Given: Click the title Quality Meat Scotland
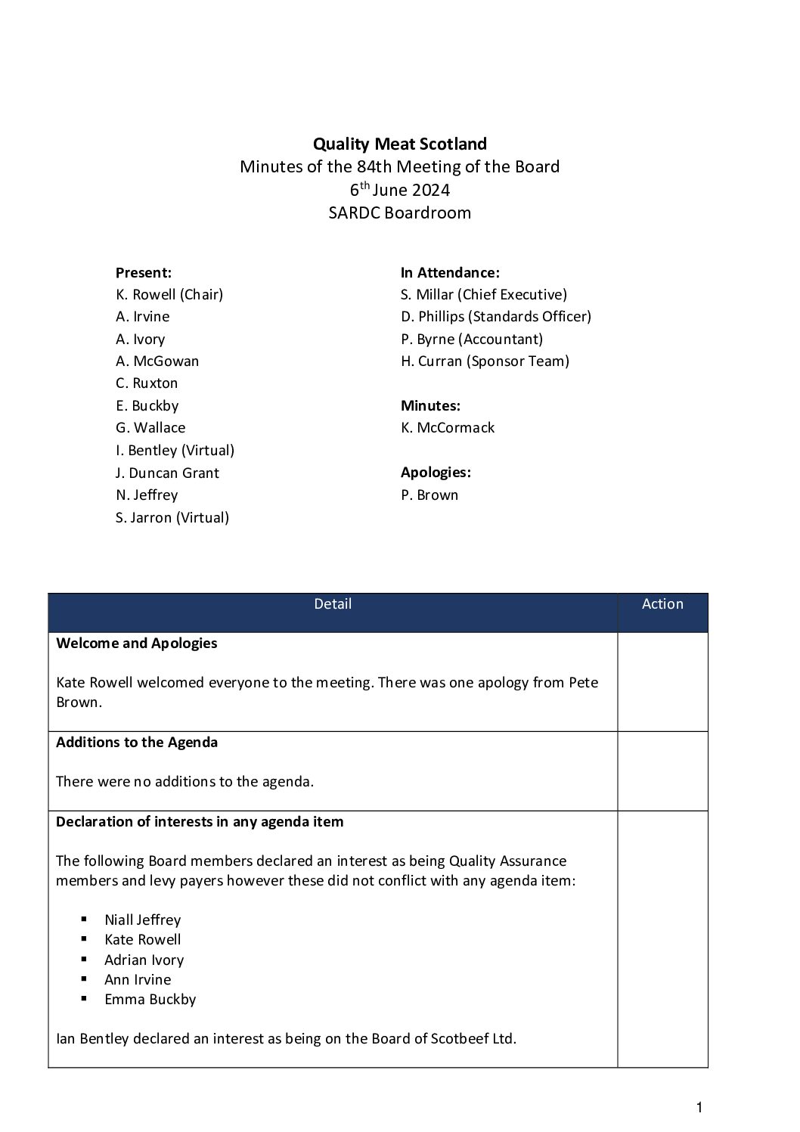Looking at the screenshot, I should (x=399, y=144).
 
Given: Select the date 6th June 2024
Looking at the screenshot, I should (x=399, y=190).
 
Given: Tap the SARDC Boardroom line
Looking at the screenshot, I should (x=399, y=212).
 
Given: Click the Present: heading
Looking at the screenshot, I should (x=143, y=272).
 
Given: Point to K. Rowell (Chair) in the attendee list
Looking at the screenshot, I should (x=169, y=294).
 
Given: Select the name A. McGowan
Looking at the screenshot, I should (x=157, y=361).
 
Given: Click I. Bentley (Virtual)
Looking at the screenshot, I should (x=175, y=450).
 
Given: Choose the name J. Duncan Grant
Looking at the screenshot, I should (x=167, y=473).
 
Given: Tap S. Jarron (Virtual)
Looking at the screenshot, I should (x=172, y=517).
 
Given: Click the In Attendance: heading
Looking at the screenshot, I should (x=450, y=272).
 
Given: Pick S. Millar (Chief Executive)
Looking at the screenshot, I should (x=483, y=294).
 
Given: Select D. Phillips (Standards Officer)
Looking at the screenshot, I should (x=495, y=316).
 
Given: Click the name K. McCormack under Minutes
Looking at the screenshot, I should (x=447, y=427).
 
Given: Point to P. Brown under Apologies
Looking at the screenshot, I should (x=429, y=495).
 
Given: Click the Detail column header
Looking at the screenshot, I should (x=333, y=603).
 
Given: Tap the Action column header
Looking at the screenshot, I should (x=662, y=603).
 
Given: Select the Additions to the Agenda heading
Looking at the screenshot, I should (x=137, y=742).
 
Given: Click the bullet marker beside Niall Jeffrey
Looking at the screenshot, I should (x=83, y=920).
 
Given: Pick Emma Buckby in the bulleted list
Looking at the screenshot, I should (x=150, y=999).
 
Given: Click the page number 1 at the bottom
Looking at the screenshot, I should (x=699, y=1108).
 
